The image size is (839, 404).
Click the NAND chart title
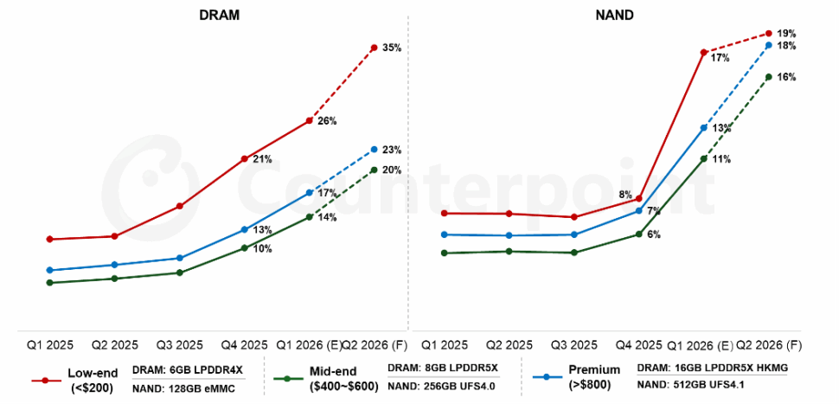point(614,16)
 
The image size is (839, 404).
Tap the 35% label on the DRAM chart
point(391,48)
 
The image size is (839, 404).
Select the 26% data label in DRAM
point(327,121)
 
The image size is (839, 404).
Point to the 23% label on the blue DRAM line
point(391,151)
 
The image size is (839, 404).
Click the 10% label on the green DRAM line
point(263,249)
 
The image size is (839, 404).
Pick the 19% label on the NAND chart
point(786,33)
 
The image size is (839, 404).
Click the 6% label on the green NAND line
point(653,235)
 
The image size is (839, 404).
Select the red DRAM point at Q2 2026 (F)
point(374,48)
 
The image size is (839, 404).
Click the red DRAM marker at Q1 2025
point(49,239)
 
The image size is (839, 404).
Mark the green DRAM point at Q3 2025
point(179,273)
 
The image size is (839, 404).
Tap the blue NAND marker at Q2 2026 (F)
point(768,45)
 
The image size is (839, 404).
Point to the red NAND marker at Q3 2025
point(573,217)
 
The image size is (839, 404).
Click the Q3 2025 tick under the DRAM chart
point(179,345)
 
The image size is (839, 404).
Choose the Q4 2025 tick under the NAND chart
point(638,345)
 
